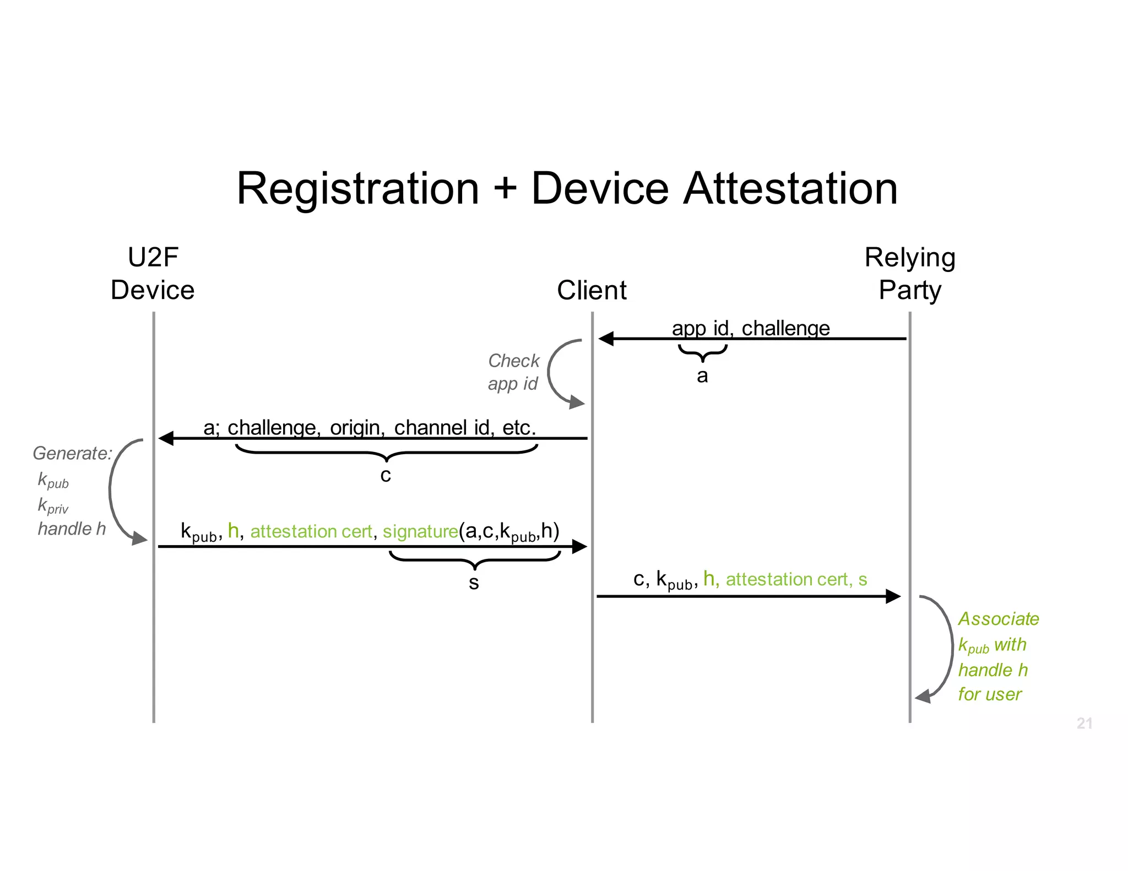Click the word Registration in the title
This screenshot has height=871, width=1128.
click(357, 189)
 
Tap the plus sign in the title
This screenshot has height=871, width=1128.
click(505, 189)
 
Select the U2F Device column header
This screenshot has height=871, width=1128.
click(153, 274)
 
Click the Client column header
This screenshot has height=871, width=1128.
click(592, 290)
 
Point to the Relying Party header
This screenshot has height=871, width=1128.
click(910, 274)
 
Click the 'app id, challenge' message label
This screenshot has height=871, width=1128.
click(750, 328)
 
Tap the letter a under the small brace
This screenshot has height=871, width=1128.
click(702, 376)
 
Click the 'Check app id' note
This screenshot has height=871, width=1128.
click(513, 372)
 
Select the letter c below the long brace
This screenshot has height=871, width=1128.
click(386, 475)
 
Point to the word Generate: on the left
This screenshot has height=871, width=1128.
click(72, 453)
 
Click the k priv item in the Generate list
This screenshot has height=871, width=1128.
click(53, 505)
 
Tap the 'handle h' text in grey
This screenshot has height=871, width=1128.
click(72, 529)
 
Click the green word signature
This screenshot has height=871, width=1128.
click(420, 531)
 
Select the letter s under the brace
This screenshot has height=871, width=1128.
click(474, 583)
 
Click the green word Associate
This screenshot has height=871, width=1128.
click(999, 619)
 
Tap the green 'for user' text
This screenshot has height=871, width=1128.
click(990, 694)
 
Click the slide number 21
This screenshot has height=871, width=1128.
click(1084, 723)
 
